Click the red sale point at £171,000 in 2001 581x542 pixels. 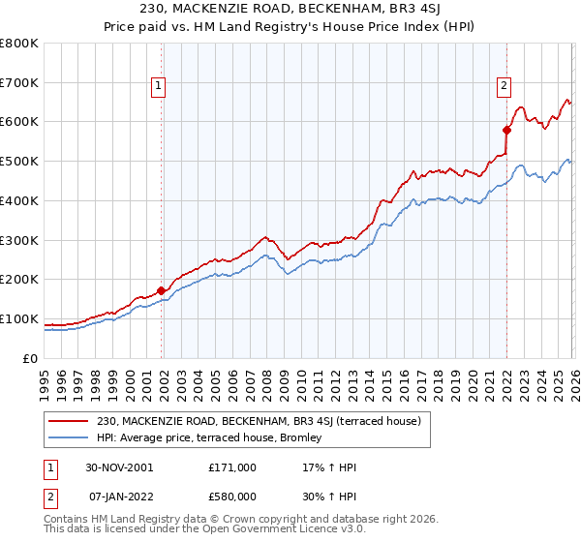[x=161, y=289]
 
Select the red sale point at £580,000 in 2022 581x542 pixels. [x=505, y=129]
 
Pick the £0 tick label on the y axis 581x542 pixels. [x=31, y=358]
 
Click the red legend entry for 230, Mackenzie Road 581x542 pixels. [x=258, y=421]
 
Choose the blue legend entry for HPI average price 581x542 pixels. [x=215, y=438]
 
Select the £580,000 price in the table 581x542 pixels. [x=232, y=497]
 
